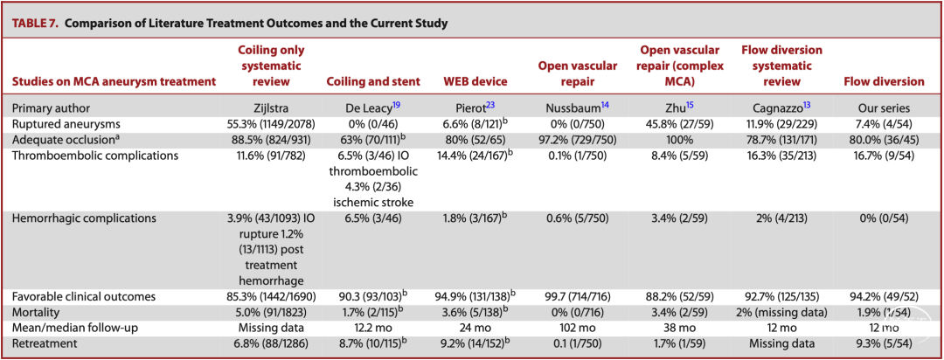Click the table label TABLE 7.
pyautogui.click(x=34, y=24)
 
